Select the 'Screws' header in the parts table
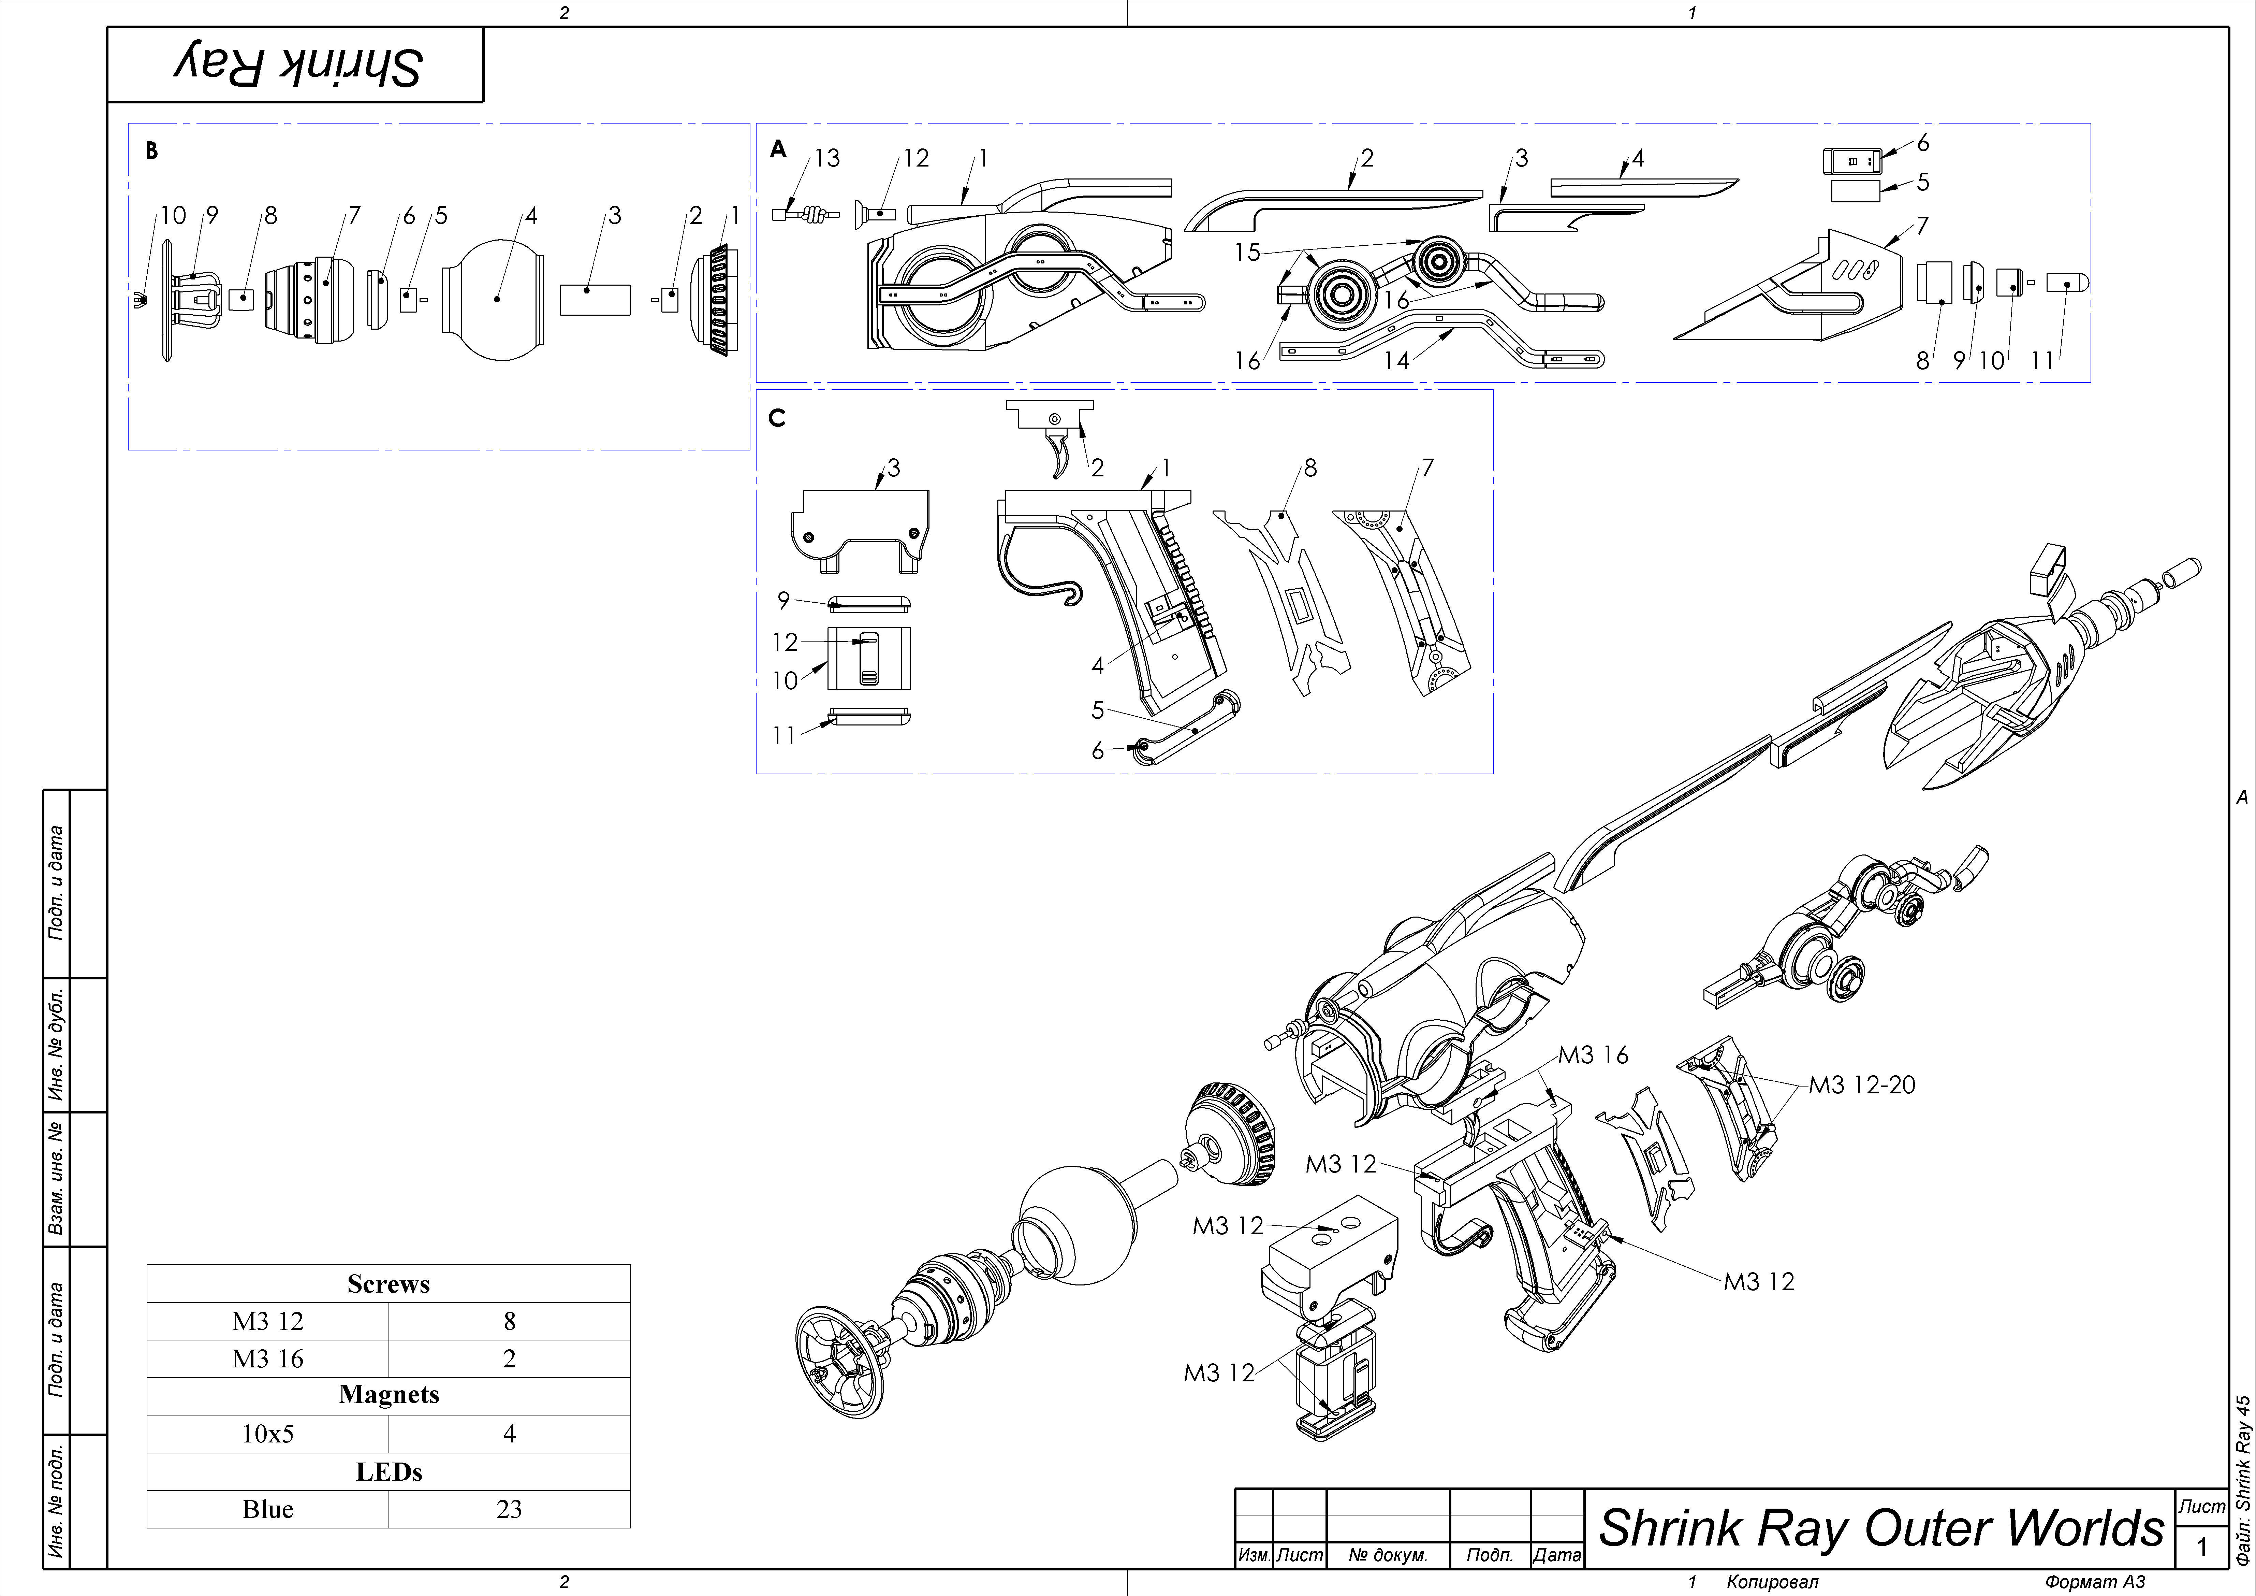(x=388, y=1283)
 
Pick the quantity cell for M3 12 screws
(x=509, y=1321)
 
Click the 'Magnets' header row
(x=388, y=1395)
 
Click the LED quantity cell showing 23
(x=509, y=1510)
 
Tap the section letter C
(x=776, y=419)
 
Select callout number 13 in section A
(x=827, y=158)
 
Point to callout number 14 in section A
(x=1395, y=361)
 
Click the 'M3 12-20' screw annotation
(x=1862, y=1085)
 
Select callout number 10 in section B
(x=173, y=215)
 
